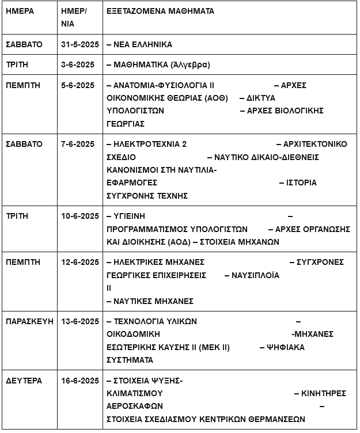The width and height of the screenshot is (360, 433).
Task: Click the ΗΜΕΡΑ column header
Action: (x=20, y=11)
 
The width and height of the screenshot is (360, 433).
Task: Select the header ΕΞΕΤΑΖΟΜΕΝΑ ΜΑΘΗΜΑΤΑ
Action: (x=160, y=11)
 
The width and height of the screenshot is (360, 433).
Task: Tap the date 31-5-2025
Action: (x=80, y=44)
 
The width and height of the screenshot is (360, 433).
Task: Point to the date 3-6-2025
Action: (x=78, y=64)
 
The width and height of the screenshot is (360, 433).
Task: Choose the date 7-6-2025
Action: (x=78, y=144)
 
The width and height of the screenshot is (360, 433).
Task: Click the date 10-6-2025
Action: (x=80, y=216)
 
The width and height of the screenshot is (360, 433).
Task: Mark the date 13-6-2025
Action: (x=80, y=322)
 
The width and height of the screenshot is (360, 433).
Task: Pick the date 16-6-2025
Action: (x=80, y=381)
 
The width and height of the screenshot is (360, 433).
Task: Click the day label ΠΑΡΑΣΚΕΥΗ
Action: (x=29, y=322)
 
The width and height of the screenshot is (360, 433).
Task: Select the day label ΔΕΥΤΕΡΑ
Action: (x=24, y=381)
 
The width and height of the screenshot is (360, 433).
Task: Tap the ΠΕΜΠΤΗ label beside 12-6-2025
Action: (x=23, y=261)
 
